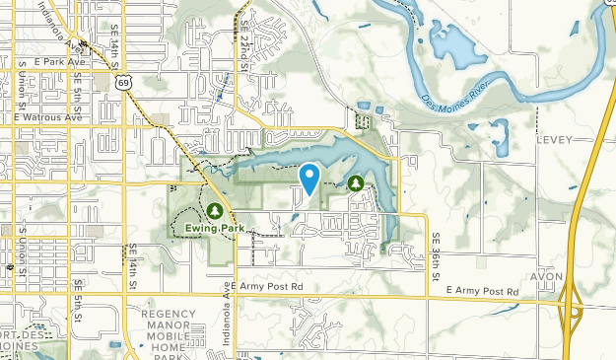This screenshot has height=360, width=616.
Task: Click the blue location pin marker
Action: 310,177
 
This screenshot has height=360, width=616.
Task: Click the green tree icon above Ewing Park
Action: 215,210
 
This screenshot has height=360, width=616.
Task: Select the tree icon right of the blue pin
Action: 354,182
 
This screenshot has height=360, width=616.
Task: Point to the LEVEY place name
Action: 555,140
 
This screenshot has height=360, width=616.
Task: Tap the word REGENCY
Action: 170,314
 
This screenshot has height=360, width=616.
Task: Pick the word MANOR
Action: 170,324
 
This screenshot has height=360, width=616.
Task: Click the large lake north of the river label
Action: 449,43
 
